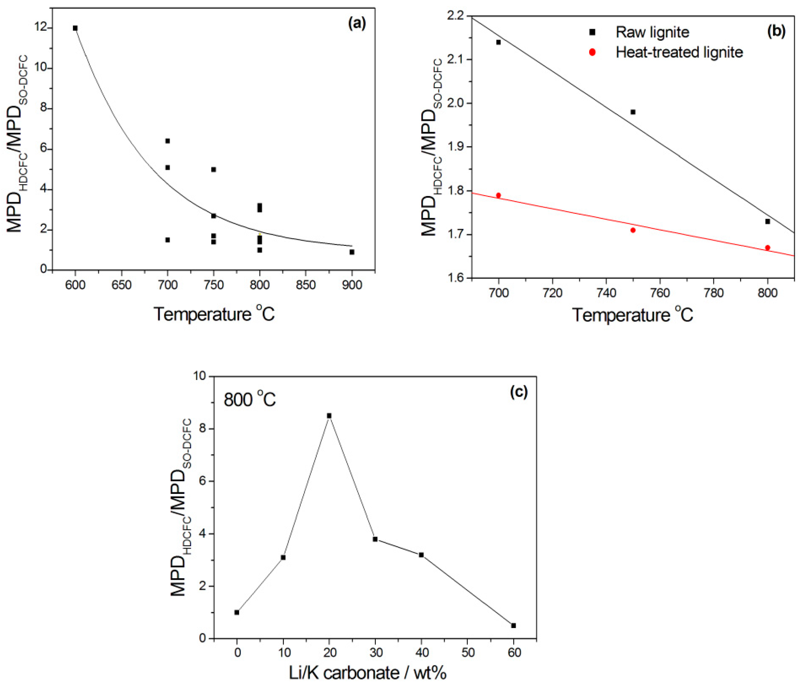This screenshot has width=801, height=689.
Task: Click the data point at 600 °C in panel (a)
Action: point(75,28)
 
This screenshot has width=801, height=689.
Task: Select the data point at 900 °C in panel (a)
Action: point(352,252)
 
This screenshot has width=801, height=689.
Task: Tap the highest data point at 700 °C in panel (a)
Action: point(168,141)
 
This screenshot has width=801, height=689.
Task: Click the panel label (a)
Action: point(356,24)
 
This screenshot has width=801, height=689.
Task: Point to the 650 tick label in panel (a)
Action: point(121,285)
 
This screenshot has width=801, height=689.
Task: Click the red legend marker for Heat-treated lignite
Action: point(592,52)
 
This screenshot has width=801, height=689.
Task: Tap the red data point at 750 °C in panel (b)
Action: point(633,230)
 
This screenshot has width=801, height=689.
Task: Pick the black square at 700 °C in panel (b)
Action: point(498,42)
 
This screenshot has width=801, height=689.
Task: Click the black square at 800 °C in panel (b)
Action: point(767,221)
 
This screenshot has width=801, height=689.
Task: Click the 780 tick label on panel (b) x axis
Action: point(714,293)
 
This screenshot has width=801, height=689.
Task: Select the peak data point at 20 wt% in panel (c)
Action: point(329,416)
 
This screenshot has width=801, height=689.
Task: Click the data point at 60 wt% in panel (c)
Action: point(513,625)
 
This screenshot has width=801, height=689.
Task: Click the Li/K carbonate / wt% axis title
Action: point(368,673)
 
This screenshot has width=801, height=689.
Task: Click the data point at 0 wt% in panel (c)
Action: point(237,612)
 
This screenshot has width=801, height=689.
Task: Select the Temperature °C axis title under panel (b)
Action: point(633,315)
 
